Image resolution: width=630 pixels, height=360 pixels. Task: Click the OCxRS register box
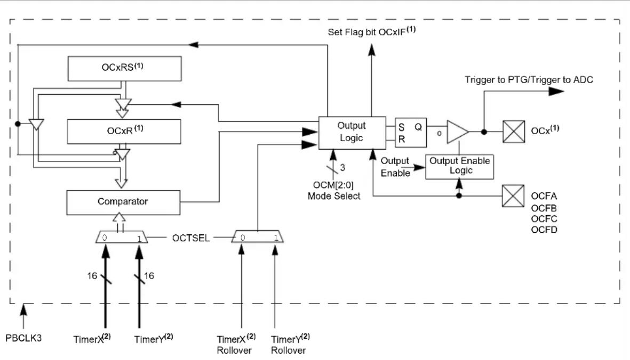tap(124, 69)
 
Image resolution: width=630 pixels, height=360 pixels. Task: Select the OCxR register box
tap(124, 132)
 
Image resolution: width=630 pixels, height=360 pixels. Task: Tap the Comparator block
tap(123, 202)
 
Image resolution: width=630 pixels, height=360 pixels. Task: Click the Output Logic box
tap(352, 133)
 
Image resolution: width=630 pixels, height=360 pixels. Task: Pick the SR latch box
tap(411, 133)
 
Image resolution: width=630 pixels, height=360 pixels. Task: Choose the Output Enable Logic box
tap(459, 166)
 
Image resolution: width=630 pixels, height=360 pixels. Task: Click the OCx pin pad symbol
tap(514, 132)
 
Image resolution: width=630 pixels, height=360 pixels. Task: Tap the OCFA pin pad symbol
tap(513, 196)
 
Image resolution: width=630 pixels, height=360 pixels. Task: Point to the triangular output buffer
tap(458, 132)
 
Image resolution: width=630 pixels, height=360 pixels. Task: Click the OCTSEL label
tap(191, 238)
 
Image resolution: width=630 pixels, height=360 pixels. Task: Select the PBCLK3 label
tap(23, 338)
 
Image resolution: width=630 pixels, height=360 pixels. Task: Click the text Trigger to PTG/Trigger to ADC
tap(529, 80)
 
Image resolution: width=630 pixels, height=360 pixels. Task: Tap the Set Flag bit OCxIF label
tap(372, 31)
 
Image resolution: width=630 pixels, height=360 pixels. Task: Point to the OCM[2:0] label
tap(333, 185)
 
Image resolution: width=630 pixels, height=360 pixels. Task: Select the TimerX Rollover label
tap(236, 345)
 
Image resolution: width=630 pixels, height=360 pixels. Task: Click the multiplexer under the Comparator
tap(121, 237)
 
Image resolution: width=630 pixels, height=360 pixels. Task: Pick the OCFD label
tap(544, 230)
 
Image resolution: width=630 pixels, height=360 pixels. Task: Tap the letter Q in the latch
tap(418, 127)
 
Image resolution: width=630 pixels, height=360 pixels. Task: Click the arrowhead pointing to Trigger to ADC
tap(556, 91)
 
